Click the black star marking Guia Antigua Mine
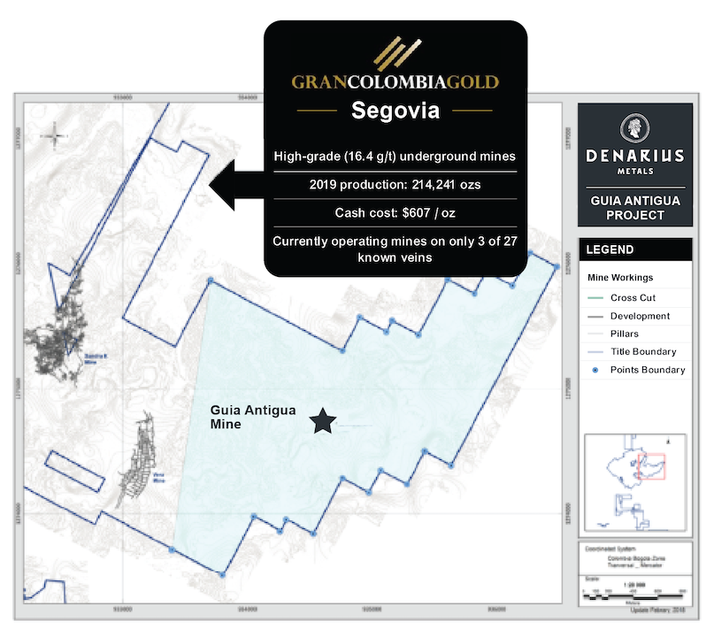click(x=323, y=422)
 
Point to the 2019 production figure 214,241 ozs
click(x=395, y=185)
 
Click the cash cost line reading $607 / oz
click(x=395, y=213)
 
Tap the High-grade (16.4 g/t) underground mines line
click(x=395, y=157)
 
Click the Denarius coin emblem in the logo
click(x=634, y=127)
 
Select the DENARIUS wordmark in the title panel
click(x=634, y=156)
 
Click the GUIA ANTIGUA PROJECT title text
click(x=634, y=207)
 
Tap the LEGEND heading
click(x=610, y=249)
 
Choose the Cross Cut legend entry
click(x=633, y=298)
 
